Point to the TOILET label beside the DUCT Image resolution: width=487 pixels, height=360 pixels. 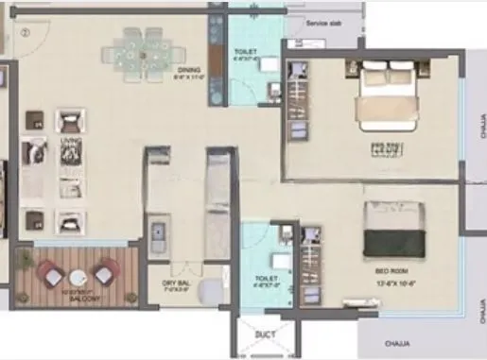(267, 280)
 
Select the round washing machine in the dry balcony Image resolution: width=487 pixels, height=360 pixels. (212, 282)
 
